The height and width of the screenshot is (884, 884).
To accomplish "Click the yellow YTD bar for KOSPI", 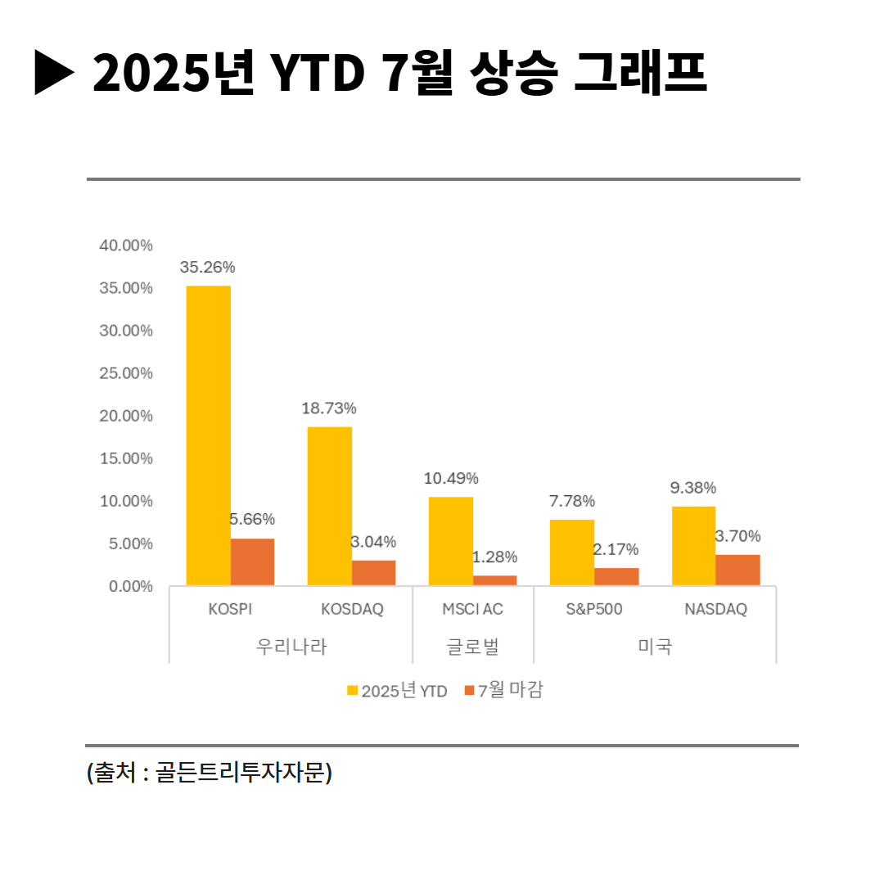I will tap(209, 435).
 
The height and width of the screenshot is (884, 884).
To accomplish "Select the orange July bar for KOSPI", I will tap(252, 562).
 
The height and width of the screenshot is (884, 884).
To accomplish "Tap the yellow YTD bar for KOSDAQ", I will tap(330, 506).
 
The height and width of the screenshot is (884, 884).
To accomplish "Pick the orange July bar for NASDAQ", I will tap(737, 570).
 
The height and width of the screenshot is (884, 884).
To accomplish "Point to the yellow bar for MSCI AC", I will tap(451, 541).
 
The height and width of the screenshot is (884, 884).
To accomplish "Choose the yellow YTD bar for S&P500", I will tap(571, 552).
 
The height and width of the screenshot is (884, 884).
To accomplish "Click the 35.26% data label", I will tap(208, 267).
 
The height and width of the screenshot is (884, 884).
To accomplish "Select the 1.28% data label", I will tap(494, 557).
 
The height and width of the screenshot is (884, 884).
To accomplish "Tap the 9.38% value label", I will tap(693, 488).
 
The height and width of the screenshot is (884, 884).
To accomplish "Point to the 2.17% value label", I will tap(616, 549).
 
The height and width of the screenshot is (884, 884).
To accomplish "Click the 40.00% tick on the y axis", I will tap(126, 246).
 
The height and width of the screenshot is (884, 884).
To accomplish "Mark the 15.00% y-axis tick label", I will tap(126, 458).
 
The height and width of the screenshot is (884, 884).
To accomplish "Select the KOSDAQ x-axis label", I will tap(352, 610).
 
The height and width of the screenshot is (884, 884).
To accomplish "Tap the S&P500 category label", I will tap(594, 610).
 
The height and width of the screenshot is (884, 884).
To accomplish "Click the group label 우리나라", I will tap(291, 646).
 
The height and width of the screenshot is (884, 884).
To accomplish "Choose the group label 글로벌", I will tap(472, 646).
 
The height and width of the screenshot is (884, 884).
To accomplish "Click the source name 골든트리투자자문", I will tap(240, 773).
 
